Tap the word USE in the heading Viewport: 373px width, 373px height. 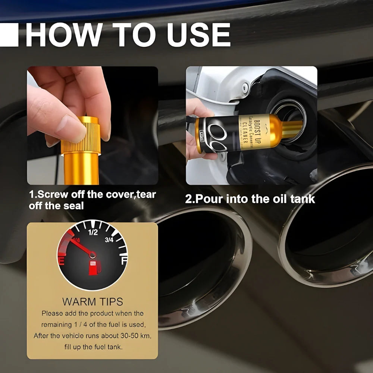pos(198,36)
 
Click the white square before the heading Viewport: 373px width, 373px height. pos(9,35)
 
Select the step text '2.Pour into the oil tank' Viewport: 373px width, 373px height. pos(250,199)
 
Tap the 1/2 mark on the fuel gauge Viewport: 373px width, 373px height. pos(93,233)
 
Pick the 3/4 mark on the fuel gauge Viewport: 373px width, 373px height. pos(109,240)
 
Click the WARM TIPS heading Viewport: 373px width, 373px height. pos(93,301)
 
